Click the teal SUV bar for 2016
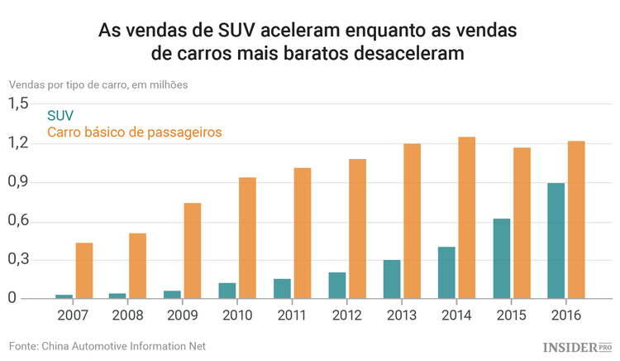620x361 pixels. (556, 241)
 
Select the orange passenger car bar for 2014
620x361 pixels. (467, 218)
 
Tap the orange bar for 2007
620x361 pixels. (84, 271)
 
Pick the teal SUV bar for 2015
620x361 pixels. (501, 258)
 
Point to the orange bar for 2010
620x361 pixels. (247, 238)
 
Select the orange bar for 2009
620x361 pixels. (193, 251)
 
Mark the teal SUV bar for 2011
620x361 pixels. (283, 288)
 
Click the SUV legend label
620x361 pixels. (60, 115)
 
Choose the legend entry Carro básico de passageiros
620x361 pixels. (135, 132)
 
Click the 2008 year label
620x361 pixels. (129, 315)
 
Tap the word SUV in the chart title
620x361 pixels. (235, 31)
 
